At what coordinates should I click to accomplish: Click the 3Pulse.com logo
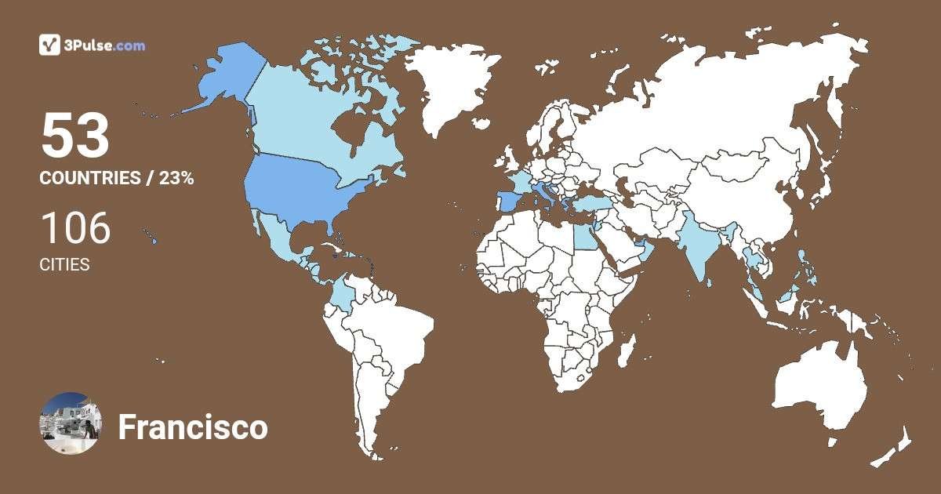(92, 45)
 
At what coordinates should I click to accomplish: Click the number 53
(74, 136)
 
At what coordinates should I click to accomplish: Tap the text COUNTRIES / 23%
(116, 178)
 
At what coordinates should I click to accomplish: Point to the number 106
(75, 228)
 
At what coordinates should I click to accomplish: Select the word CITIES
(64, 265)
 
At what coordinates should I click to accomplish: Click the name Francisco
(193, 428)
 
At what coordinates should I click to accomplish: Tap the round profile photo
(70, 423)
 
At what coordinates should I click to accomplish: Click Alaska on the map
(216, 78)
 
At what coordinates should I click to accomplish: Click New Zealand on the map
(894, 447)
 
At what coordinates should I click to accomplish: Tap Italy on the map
(543, 193)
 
